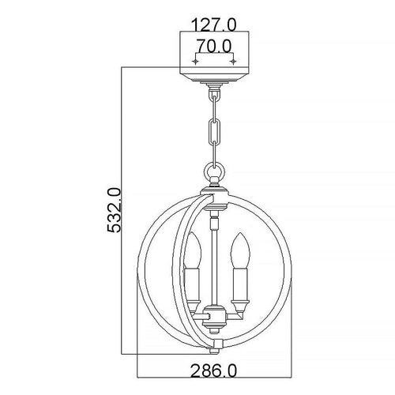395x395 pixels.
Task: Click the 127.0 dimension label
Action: click(214, 25)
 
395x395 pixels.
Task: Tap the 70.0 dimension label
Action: click(214, 46)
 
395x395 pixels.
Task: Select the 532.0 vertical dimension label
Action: click(114, 210)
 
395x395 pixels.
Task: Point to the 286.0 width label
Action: click(213, 371)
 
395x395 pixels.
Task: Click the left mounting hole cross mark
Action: click(195, 62)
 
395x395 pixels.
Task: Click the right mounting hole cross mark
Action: click(233, 62)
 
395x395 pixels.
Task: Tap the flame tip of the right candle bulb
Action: click(239, 234)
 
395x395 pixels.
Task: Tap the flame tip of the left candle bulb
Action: click(193, 234)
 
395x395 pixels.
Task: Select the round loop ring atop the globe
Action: click(216, 171)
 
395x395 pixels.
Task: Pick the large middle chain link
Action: click(214, 130)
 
